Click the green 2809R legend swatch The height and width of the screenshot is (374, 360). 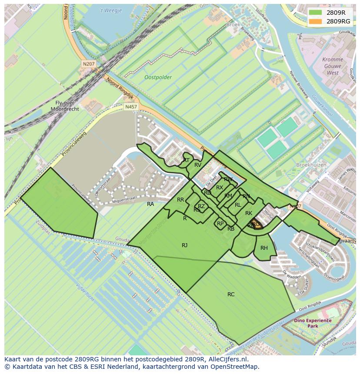tap(317, 13)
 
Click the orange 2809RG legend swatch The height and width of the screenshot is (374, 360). tap(317, 21)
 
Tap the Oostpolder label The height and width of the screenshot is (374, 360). tap(158, 77)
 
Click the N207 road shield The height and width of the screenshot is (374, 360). tap(89, 64)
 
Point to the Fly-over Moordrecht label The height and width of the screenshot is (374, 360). tap(64, 106)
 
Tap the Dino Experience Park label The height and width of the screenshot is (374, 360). tap(312, 323)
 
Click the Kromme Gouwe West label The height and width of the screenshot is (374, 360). tap(333, 66)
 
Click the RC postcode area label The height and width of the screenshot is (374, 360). tap(231, 295)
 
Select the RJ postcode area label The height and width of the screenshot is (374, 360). tap(185, 245)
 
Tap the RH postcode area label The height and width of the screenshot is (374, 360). tap(264, 248)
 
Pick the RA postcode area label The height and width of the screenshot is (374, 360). tap(150, 204)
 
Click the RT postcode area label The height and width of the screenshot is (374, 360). tap(186, 160)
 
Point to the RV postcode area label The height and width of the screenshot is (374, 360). tap(198, 165)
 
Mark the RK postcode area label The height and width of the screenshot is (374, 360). tap(249, 213)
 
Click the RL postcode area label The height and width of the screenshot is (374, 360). tap(238, 205)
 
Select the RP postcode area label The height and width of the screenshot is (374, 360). tap(220, 224)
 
